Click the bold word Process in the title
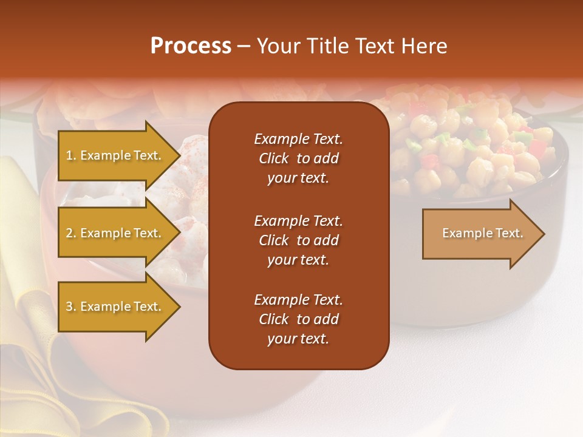click(x=191, y=46)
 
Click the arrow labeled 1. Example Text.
click(x=115, y=155)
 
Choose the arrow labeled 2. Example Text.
click(x=115, y=233)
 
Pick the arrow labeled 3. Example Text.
click(x=115, y=307)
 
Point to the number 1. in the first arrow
click(x=71, y=155)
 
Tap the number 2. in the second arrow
click(x=71, y=233)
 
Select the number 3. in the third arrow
click(x=71, y=307)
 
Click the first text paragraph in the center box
click(x=298, y=158)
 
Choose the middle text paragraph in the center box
click(x=298, y=240)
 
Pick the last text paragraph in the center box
click(x=298, y=319)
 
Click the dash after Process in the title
click(x=244, y=47)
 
